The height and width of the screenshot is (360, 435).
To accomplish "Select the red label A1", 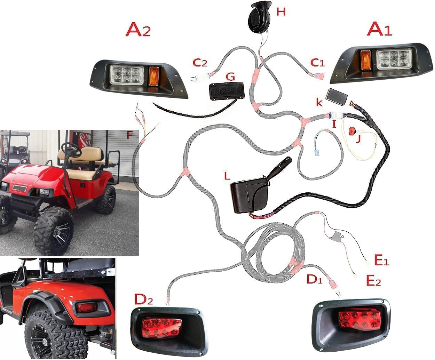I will point(380,31).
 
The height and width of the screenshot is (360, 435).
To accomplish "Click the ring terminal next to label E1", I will point(366,263).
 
